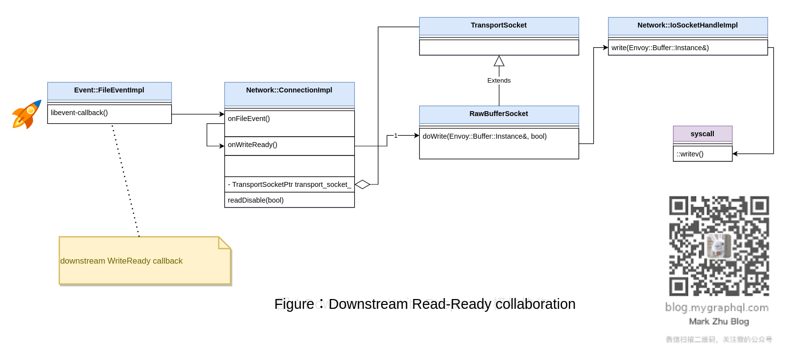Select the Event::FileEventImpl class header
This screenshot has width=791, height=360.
click(109, 90)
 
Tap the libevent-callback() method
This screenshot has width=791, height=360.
click(79, 113)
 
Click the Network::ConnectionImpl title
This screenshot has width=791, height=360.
click(289, 90)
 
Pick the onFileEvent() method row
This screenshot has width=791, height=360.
click(249, 119)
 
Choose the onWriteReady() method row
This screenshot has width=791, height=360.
click(252, 145)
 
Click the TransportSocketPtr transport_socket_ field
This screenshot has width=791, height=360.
click(289, 184)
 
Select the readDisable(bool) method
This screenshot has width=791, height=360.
click(256, 200)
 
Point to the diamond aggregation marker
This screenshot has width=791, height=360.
click(363, 184)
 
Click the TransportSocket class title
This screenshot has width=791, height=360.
click(498, 26)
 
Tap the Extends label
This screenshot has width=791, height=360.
click(499, 81)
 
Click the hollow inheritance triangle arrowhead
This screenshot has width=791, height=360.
click(499, 61)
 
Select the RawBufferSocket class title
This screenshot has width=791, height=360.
click(498, 114)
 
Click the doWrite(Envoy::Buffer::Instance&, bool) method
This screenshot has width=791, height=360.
click(485, 137)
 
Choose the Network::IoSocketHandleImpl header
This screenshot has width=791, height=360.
click(687, 26)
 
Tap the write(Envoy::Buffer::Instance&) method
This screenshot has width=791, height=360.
click(660, 48)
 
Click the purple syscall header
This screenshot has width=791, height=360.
click(702, 134)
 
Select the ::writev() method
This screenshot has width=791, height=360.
click(690, 154)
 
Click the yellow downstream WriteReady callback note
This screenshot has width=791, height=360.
click(145, 261)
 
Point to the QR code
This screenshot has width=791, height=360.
click(719, 246)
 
